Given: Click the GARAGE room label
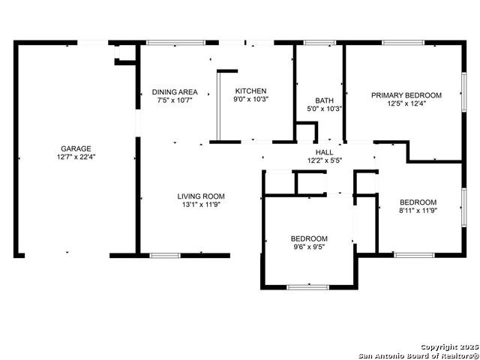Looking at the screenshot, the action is (x=76, y=148).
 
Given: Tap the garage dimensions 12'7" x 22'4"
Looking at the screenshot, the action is (x=76, y=157).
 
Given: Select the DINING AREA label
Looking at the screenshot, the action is (x=175, y=91).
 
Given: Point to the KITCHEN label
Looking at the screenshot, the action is (x=250, y=91).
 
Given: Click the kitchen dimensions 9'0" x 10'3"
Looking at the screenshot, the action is (x=250, y=99).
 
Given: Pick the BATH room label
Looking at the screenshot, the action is (x=325, y=100).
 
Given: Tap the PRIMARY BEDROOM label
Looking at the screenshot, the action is (x=406, y=95).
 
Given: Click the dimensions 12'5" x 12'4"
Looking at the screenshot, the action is (x=406, y=103).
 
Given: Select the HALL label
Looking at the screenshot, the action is (x=325, y=152).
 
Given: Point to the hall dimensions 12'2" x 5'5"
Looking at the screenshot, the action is (x=325, y=160).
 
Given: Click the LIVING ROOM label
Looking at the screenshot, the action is (x=201, y=196).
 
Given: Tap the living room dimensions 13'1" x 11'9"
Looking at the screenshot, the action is (x=201, y=205).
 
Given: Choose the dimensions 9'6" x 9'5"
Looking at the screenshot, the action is (x=309, y=247).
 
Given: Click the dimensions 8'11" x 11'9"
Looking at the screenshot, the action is (x=418, y=210).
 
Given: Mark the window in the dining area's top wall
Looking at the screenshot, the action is (x=175, y=43).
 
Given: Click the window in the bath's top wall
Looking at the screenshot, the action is (x=319, y=43).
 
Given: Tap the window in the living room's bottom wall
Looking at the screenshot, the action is (x=165, y=256).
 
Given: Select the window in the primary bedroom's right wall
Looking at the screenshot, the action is (x=464, y=91).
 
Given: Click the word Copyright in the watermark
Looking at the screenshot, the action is (x=439, y=347).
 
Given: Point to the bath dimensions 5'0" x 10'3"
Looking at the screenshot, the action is (x=325, y=108).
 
